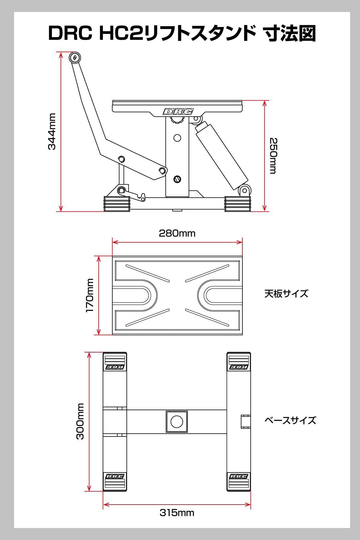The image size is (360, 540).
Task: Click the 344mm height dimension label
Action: (52, 131)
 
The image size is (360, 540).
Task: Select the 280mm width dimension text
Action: (177, 233)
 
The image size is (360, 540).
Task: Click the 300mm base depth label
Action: (80, 421)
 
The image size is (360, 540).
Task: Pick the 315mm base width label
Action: (177, 513)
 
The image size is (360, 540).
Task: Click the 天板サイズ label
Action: (286, 293)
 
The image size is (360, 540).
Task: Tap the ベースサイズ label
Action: (290, 420)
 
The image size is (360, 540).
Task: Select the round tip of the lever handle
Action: (74, 58)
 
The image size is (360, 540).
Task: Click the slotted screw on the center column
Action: (177, 179)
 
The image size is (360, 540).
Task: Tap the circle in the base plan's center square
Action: (177, 421)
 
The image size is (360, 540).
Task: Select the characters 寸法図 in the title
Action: (289, 34)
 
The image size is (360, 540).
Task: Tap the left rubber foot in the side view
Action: (116, 204)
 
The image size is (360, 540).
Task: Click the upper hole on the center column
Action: (177, 138)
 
